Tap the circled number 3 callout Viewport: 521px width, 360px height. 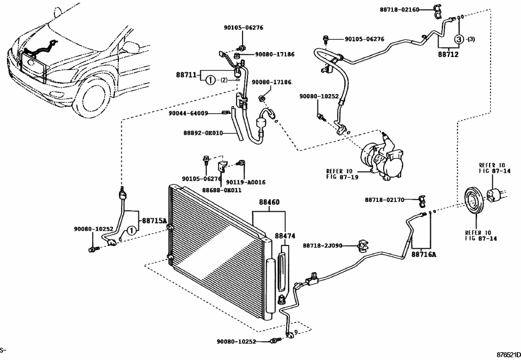pos(459,39)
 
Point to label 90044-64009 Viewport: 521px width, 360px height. pos(188,113)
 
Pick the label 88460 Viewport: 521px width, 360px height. pos(269,201)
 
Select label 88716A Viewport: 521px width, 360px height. pos(423,254)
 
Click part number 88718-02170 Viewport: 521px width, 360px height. pos(384,200)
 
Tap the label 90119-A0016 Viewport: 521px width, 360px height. pos(245,182)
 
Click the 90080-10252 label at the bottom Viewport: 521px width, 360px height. pos(236,342)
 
